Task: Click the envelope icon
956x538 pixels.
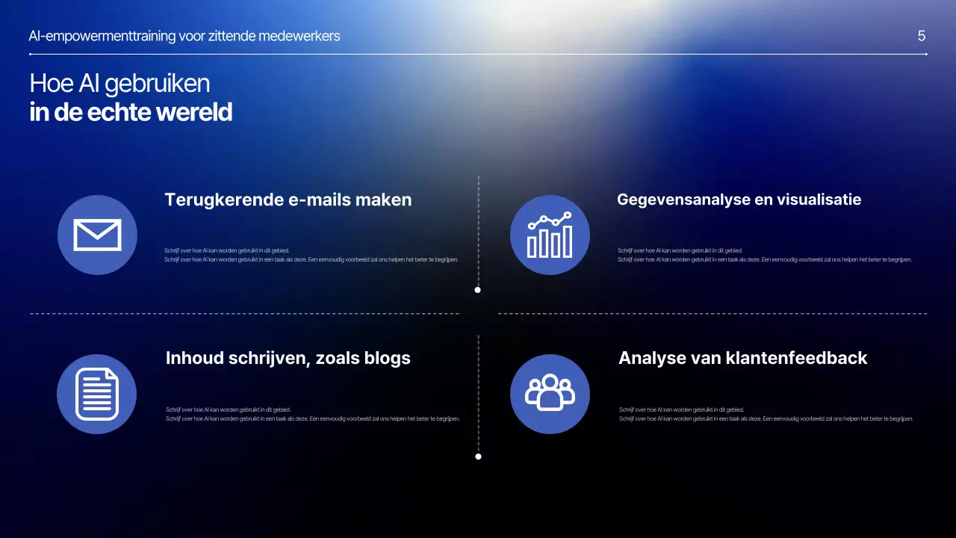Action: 97,235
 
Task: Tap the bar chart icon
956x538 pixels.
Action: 550,235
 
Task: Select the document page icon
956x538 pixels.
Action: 97,394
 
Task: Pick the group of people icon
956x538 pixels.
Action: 550,393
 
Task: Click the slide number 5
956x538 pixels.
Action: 922,36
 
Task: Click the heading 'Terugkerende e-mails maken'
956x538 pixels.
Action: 288,200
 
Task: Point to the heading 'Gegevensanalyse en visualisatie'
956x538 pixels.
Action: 739,200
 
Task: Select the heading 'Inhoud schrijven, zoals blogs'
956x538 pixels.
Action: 288,358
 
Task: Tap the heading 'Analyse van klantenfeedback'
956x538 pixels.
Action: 742,358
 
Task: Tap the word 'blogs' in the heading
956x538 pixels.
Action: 387,358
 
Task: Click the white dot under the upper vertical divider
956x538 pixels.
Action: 478,290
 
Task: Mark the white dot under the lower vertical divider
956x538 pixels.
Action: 478,457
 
